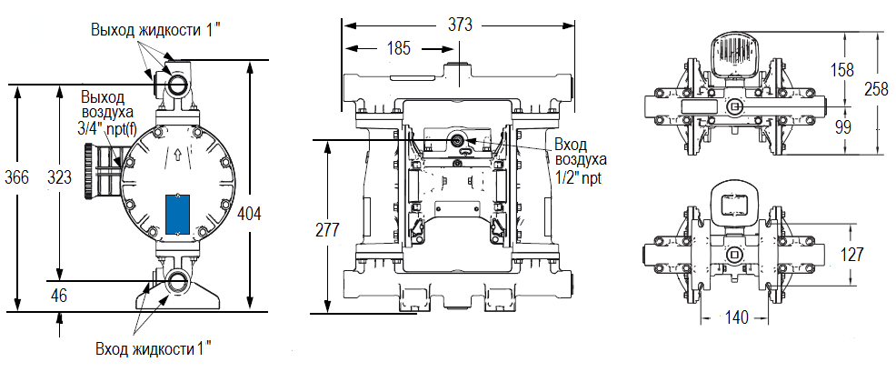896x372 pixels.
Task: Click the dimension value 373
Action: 461,25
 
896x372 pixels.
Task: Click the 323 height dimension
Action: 60,176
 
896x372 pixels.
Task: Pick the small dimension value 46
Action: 59,295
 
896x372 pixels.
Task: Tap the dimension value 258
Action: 877,88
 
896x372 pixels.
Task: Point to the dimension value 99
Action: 842,126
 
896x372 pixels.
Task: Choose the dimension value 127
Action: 851,255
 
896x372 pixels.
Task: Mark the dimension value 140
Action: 737,317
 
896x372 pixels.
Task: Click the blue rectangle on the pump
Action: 177,214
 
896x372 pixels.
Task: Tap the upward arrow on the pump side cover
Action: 177,155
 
